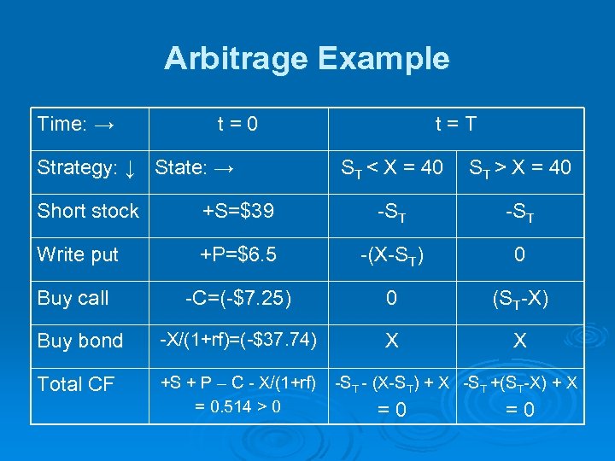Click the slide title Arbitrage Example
click(x=307, y=59)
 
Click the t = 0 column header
click(x=237, y=125)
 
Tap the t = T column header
click(x=455, y=125)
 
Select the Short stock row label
click(x=88, y=211)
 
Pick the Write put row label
click(x=79, y=254)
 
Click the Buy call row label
click(x=73, y=298)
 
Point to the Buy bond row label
click(x=80, y=341)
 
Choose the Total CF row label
click(x=76, y=384)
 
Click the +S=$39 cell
click(x=237, y=211)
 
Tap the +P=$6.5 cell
click(x=237, y=254)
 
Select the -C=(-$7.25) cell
click(x=238, y=298)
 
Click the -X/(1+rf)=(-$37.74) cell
click(x=239, y=340)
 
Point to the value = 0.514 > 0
click(x=237, y=406)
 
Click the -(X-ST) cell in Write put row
click(x=392, y=255)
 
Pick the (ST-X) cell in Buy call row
click(x=519, y=299)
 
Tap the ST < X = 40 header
click(x=392, y=168)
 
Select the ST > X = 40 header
click(x=519, y=168)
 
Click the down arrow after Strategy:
click(x=129, y=168)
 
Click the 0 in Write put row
click(x=519, y=254)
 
